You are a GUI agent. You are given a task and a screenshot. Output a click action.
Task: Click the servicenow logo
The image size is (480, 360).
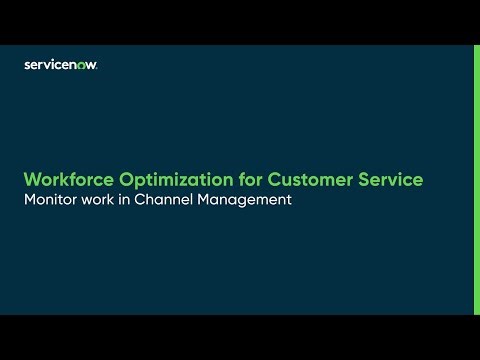(x=60, y=65)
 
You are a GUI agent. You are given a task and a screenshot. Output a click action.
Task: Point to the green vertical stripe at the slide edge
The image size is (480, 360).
(x=476, y=180)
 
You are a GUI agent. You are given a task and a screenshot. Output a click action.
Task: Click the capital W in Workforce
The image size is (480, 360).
(x=32, y=180)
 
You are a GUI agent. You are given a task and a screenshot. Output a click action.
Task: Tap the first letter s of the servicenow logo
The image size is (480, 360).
(x=27, y=65)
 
